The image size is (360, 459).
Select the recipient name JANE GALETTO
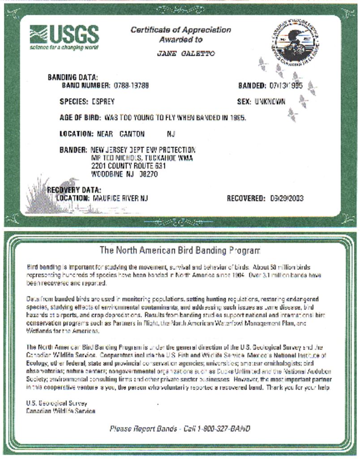click(x=186, y=53)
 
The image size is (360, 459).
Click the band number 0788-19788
click(x=131, y=85)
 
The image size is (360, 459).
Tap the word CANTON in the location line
click(x=132, y=134)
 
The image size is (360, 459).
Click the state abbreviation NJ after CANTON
click(x=171, y=134)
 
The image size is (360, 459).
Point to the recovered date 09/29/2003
click(x=287, y=198)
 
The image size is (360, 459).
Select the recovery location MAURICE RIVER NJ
click(x=120, y=198)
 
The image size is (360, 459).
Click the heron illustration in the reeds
click(x=68, y=188)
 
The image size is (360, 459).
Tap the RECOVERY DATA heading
click(x=74, y=190)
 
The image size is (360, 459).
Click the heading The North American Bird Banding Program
click(x=180, y=250)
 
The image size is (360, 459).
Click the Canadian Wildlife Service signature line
click(x=60, y=410)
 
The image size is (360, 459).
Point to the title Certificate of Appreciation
click(x=181, y=30)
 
